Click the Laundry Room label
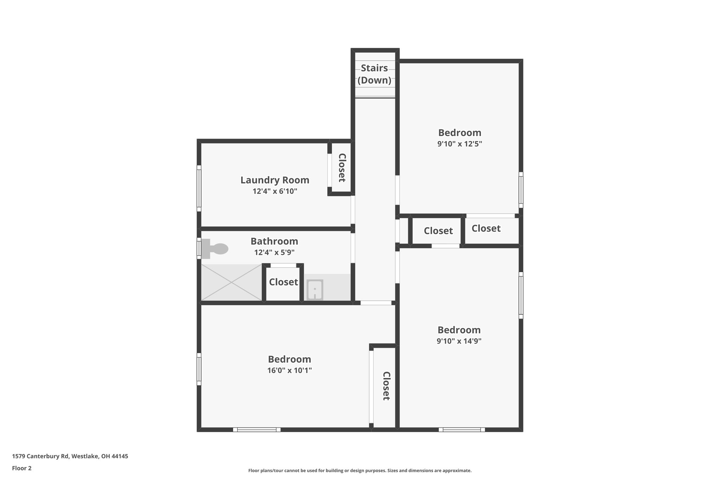[x=275, y=180]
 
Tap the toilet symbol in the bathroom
[x=216, y=249]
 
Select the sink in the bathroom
[x=315, y=290]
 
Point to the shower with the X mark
[x=231, y=282]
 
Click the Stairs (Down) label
[x=374, y=74]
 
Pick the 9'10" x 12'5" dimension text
[x=459, y=144]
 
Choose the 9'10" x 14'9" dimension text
[x=459, y=341]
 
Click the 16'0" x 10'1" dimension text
[x=289, y=370]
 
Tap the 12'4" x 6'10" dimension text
[x=275, y=191]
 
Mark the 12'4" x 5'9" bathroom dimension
[x=274, y=252]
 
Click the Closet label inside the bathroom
[x=283, y=282]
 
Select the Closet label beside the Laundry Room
[x=342, y=168]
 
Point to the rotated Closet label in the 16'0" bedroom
[x=386, y=386]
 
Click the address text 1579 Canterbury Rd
[x=70, y=456]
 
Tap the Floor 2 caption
[x=22, y=468]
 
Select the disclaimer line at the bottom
[x=360, y=471]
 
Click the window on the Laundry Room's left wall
[x=199, y=188]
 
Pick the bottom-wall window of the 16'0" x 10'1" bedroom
[x=257, y=429]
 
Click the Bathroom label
[x=274, y=241]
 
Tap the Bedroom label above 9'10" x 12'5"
[x=459, y=133]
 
